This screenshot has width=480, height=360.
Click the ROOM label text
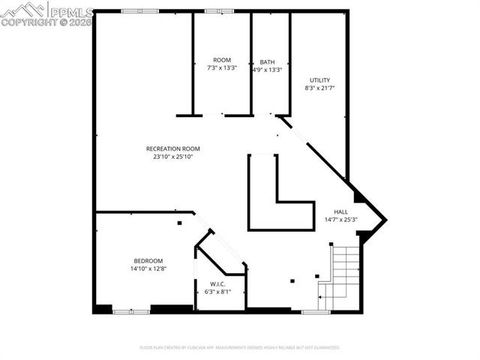(221, 60)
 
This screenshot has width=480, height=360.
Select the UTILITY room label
(320, 80)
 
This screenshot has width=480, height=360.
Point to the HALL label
(340, 211)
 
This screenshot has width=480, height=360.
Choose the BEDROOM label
(148, 261)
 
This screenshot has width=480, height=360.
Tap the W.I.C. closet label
(217, 284)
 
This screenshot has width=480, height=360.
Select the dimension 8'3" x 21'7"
(320, 88)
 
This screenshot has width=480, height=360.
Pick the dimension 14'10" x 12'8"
(148, 269)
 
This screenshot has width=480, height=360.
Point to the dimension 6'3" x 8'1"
(217, 292)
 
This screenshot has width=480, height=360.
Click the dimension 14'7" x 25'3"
(340, 219)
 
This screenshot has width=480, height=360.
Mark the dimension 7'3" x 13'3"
(221, 69)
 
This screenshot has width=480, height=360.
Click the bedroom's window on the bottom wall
(127, 312)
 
